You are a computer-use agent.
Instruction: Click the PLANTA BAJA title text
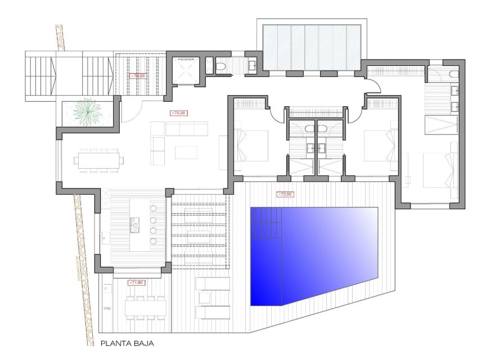point(127,343)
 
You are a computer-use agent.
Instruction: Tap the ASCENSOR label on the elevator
point(186,58)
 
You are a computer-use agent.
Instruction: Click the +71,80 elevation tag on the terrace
point(137,282)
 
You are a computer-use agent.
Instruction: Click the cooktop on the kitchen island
point(136,226)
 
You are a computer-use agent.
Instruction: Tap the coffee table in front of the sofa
point(186,152)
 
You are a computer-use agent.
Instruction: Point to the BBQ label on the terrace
point(106,309)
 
